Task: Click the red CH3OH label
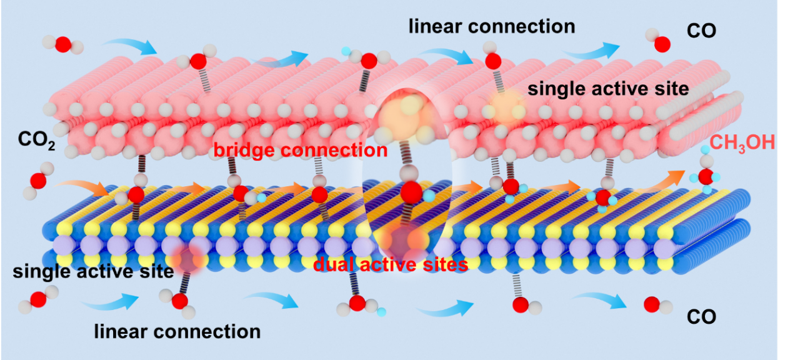[742, 143]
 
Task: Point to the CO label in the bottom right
[701, 317]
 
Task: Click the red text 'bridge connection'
[301, 151]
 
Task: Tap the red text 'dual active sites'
[391, 265]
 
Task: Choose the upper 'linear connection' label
[492, 26]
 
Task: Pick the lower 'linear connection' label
[177, 331]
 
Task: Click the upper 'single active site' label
[608, 88]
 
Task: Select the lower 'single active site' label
[93, 272]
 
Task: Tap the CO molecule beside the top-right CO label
[659, 41]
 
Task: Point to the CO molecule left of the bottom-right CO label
[657, 306]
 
